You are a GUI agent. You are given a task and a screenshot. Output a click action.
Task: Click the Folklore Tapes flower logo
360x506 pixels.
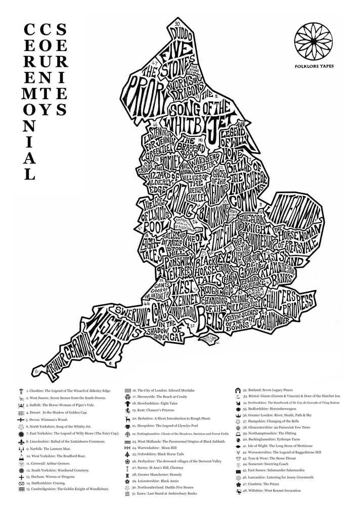pyautogui.click(x=313, y=41)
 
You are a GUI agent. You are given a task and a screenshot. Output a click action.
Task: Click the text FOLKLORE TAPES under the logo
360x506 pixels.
pyautogui.click(x=313, y=66)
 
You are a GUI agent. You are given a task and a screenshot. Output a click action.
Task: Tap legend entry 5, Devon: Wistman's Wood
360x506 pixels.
pyautogui.click(x=51, y=419)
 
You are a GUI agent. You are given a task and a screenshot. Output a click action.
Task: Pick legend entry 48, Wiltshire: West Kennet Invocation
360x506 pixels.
pyautogui.click(x=277, y=491)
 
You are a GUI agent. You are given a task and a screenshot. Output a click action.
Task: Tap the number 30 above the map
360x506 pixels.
pyautogui.click(x=176, y=24)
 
